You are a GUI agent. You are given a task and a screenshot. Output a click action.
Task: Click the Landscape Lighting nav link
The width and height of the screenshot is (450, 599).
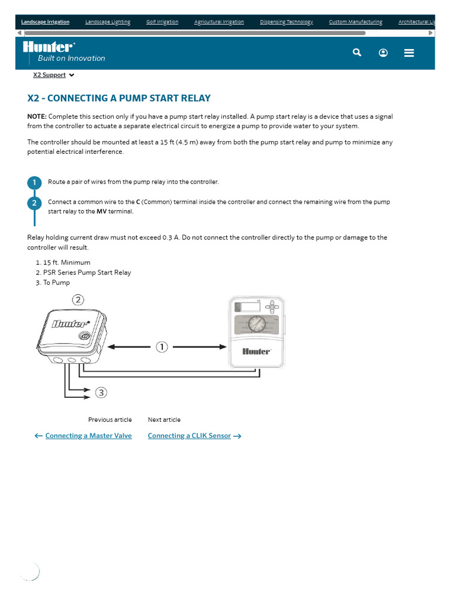point(108,22)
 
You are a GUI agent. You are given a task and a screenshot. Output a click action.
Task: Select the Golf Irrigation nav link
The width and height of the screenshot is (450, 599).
point(162,22)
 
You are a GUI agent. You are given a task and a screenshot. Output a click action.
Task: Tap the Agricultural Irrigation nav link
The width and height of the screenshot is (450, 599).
point(219,22)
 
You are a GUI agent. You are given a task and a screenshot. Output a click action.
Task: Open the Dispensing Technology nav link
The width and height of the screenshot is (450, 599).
point(287,22)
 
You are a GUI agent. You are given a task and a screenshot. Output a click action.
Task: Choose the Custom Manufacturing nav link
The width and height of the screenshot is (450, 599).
point(355,22)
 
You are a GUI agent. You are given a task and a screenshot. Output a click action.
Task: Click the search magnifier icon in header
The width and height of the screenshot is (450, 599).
point(357,53)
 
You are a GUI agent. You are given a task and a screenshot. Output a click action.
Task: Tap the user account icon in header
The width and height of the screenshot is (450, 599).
point(383,53)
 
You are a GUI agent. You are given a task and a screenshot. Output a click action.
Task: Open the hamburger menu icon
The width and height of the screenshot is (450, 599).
point(409,53)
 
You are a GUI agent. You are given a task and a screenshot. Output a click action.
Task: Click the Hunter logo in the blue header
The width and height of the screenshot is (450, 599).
point(49,47)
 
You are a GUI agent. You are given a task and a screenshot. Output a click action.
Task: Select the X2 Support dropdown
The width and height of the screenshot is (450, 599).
point(53,75)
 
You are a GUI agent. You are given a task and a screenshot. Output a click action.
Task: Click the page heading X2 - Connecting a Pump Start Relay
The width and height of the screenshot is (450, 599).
point(119,98)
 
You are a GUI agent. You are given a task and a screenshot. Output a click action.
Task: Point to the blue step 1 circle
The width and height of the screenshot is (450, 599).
point(35,183)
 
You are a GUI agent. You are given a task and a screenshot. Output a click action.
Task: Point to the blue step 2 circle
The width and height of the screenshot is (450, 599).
point(35,203)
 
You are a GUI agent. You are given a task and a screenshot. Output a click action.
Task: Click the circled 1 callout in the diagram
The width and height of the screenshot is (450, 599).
point(162,347)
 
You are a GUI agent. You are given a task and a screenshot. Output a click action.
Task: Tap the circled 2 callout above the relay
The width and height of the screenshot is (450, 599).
point(79,300)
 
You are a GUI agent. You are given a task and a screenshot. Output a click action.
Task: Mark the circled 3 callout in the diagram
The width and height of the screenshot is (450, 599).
point(102,393)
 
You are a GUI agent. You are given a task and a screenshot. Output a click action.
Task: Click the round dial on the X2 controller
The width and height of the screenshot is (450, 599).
point(256,324)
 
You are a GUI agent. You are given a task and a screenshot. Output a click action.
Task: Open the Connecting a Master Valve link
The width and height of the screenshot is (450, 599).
point(88,436)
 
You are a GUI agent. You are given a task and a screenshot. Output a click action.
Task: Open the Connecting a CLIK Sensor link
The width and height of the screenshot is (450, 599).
point(189,436)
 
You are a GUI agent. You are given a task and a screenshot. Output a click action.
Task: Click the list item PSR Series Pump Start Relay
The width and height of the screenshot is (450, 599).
point(87,273)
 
